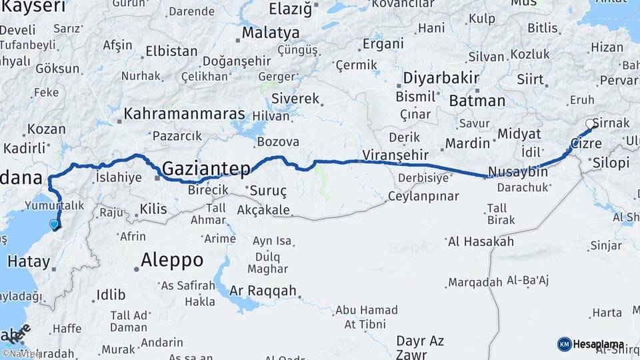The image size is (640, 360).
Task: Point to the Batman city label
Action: (x=477, y=101)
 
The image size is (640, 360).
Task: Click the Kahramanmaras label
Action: (x=185, y=114)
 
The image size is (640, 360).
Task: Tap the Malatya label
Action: (x=271, y=33)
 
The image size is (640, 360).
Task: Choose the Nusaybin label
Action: (x=518, y=172)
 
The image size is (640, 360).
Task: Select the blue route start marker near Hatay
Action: (x=55, y=225)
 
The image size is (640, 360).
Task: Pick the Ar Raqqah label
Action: (x=263, y=291)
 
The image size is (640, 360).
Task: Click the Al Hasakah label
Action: (x=481, y=241)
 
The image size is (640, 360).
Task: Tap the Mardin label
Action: (x=467, y=143)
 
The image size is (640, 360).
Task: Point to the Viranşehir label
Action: (x=394, y=155)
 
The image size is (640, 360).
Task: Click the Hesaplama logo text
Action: (x=599, y=344)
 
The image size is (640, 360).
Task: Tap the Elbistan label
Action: (x=172, y=51)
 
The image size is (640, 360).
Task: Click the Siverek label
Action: (x=295, y=99)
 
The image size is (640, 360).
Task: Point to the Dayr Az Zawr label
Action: (x=420, y=347)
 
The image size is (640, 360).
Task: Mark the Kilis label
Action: (x=153, y=209)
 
